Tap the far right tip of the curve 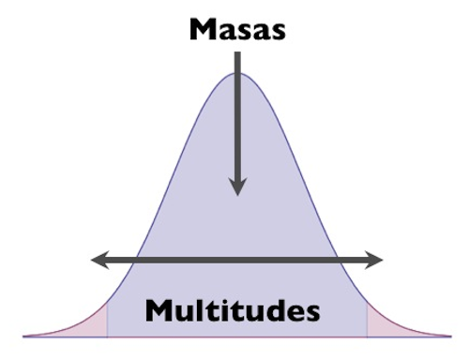(449, 335)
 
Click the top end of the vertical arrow (237, 54)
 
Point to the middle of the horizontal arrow (236, 259)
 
